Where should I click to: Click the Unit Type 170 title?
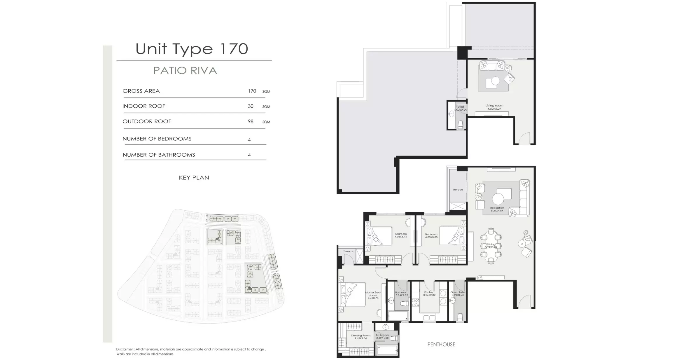[192, 49]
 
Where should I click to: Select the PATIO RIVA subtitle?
[185, 71]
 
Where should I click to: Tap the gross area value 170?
[252, 91]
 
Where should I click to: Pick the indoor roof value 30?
[251, 106]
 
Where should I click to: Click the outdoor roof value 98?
[251, 121]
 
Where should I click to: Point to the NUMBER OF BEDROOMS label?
[157, 139]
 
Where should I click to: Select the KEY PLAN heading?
[194, 178]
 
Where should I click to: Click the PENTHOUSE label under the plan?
[441, 345]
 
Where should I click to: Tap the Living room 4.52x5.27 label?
[494, 107]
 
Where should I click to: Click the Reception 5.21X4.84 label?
[497, 209]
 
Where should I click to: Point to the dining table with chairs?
[491, 246]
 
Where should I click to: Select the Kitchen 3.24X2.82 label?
[429, 293]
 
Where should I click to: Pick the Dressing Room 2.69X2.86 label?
[360, 337]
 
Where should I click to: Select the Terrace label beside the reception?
[458, 190]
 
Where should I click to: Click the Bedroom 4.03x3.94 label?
[400, 235]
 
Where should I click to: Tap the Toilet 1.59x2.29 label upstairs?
[460, 108]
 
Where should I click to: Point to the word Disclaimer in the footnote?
[125, 349]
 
